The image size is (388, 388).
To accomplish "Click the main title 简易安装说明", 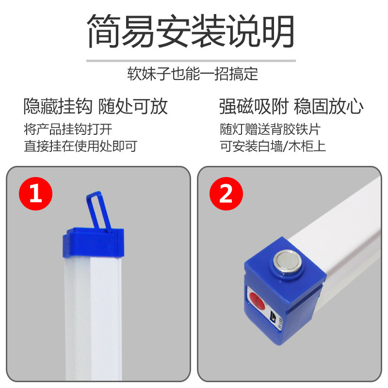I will tap(191, 32).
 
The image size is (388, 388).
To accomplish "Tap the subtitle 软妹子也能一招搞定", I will tap(193, 74).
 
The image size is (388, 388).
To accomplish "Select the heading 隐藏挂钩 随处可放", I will tap(96, 106).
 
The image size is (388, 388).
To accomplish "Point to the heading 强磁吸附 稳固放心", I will tap(291, 106).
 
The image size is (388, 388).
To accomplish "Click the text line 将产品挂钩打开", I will tap(68, 129).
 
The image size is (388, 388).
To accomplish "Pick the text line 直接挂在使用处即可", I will tap(81, 145).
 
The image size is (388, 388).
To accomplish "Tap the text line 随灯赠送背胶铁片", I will tap(270, 129).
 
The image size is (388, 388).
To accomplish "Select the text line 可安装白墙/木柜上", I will tap(273, 145).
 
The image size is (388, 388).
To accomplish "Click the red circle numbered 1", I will tap(35, 194).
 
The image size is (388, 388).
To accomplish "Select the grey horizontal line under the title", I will tap(191, 61).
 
